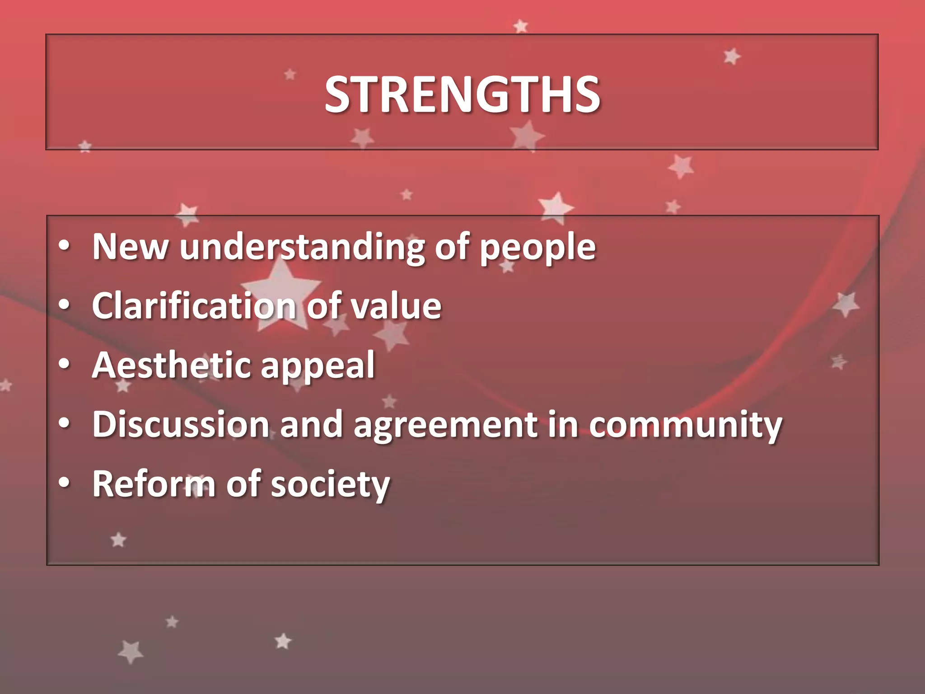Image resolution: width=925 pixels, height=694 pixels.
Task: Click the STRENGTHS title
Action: pyautogui.click(x=462, y=94)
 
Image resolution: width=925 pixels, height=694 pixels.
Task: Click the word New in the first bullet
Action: pyautogui.click(x=130, y=247)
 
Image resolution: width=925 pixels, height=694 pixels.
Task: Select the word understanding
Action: pyautogui.click(x=302, y=247)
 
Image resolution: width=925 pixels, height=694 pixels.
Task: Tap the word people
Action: pyautogui.click(x=537, y=248)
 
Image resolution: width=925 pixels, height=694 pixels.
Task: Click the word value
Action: pyautogui.click(x=396, y=306)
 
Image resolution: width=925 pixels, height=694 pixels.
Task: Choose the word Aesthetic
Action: pyautogui.click(x=171, y=365)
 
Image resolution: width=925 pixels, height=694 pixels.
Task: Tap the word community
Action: pyautogui.click(x=685, y=425)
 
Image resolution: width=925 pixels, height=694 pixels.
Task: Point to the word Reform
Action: pyautogui.click(x=154, y=483)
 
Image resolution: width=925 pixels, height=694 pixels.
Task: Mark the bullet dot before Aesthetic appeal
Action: pyautogui.click(x=65, y=364)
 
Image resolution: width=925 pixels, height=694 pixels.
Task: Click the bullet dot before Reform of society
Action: pyautogui.click(x=65, y=483)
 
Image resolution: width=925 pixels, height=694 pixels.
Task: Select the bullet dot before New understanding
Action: pyautogui.click(x=65, y=245)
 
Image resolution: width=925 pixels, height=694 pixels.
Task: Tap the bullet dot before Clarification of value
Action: pyautogui.click(x=65, y=305)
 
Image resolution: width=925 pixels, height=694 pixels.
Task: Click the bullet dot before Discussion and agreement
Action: pyautogui.click(x=65, y=423)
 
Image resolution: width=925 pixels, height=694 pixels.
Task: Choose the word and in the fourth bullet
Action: pyautogui.click(x=311, y=424)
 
